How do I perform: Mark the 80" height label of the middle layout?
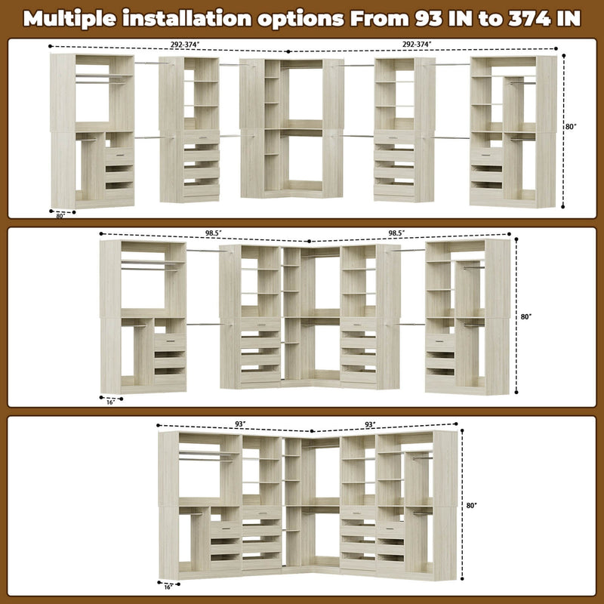click(x=527, y=317)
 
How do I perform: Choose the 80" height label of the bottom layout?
click(x=473, y=505)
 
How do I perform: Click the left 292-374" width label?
click(x=184, y=45)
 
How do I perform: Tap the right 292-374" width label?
click(x=416, y=45)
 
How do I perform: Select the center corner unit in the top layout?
click(x=291, y=128)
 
